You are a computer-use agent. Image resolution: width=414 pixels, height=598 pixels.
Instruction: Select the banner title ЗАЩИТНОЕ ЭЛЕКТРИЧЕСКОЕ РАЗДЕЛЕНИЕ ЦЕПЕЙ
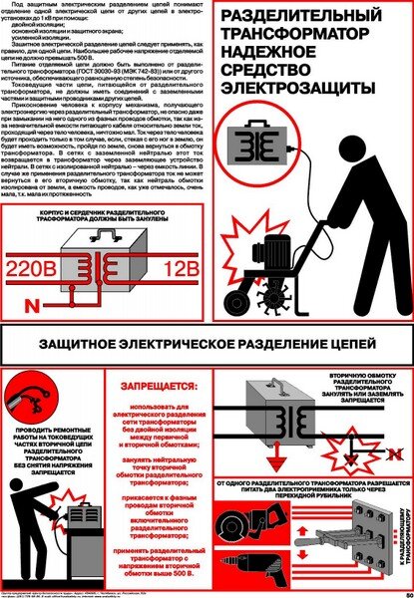(207, 345)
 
